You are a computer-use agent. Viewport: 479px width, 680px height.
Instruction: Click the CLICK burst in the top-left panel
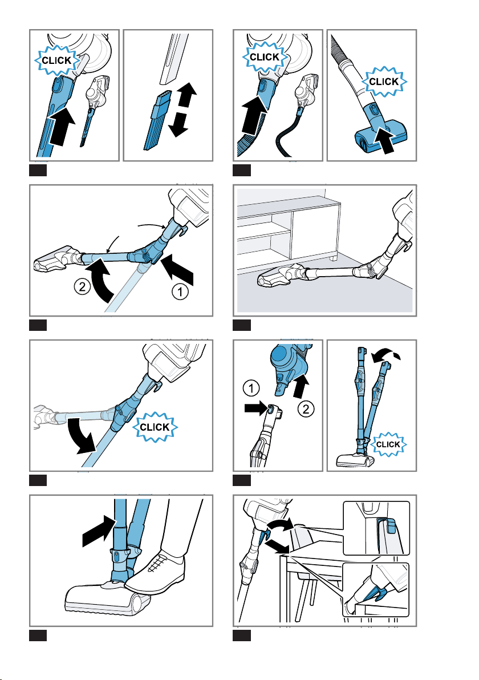pyautogui.click(x=56, y=60)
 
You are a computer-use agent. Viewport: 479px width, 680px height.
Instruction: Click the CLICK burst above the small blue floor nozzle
pyautogui.click(x=384, y=82)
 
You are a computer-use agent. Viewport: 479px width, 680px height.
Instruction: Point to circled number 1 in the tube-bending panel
pyautogui.click(x=180, y=292)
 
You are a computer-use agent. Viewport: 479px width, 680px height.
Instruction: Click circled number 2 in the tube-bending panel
pyautogui.click(x=82, y=286)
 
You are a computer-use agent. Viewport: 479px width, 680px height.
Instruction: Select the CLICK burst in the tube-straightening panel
pyautogui.click(x=155, y=427)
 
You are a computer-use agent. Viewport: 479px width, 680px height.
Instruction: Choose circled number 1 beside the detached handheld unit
pyautogui.click(x=251, y=387)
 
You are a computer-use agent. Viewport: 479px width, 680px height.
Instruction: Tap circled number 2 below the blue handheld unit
pyautogui.click(x=306, y=408)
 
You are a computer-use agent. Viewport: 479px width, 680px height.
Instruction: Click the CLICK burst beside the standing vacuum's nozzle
pyautogui.click(x=388, y=444)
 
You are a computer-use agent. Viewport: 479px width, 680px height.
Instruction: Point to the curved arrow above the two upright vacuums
pyautogui.click(x=385, y=356)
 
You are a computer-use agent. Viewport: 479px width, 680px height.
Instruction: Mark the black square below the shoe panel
pyautogui.click(x=38, y=636)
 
